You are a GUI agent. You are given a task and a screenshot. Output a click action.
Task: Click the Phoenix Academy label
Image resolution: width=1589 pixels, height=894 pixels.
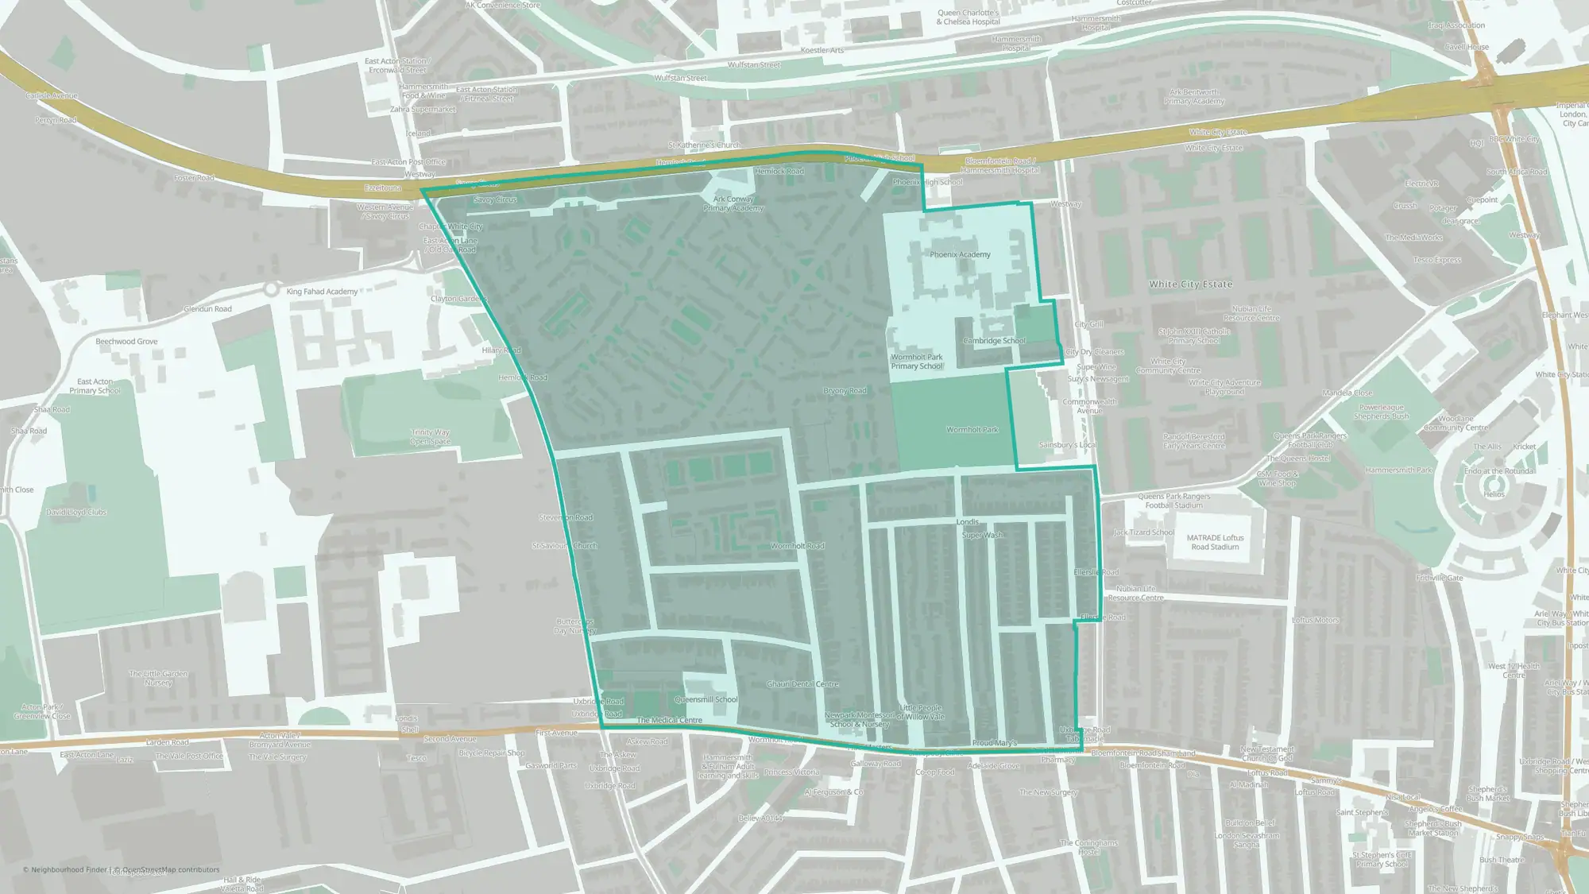coord(960,255)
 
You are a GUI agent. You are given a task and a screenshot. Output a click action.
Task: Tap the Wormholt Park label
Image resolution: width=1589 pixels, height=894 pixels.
coord(972,430)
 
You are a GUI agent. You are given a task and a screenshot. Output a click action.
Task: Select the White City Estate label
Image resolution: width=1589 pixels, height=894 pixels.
coord(1190,284)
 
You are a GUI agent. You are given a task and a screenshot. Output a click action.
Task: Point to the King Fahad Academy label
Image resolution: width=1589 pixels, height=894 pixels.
coord(322,292)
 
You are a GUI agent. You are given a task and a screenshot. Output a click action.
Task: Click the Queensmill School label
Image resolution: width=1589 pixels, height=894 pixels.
coord(706,700)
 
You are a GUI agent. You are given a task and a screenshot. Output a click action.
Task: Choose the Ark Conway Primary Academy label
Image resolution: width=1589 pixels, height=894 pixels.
coord(733,203)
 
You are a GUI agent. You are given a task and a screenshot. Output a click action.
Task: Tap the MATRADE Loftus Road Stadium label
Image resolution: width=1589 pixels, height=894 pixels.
coord(1215,542)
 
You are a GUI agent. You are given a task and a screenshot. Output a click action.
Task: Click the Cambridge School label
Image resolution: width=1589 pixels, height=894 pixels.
coord(994,341)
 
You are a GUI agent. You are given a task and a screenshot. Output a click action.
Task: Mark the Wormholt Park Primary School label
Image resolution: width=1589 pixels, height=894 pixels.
coord(916,362)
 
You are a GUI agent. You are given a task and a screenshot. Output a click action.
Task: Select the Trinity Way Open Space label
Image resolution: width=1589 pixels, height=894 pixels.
coord(430,437)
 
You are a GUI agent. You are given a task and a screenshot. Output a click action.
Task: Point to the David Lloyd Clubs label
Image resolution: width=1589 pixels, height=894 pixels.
coord(76,513)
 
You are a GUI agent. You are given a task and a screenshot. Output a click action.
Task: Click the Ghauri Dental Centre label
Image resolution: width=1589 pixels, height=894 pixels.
coord(802,684)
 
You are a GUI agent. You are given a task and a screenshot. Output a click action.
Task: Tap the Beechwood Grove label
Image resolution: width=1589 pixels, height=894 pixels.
coord(126,342)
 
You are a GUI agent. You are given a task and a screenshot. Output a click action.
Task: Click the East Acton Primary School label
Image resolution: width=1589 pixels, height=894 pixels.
coord(95,386)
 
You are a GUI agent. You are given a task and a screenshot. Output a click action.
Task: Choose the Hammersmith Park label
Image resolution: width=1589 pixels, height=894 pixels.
coord(1398,470)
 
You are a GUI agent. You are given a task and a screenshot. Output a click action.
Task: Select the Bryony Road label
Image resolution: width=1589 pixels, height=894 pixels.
coord(845,391)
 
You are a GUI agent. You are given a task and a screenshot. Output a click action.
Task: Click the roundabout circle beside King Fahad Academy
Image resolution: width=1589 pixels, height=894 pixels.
coord(272,289)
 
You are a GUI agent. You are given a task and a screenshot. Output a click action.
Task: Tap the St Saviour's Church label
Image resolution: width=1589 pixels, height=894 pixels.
coord(564,546)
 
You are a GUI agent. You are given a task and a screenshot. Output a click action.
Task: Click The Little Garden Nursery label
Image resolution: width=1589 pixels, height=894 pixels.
coord(159,678)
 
